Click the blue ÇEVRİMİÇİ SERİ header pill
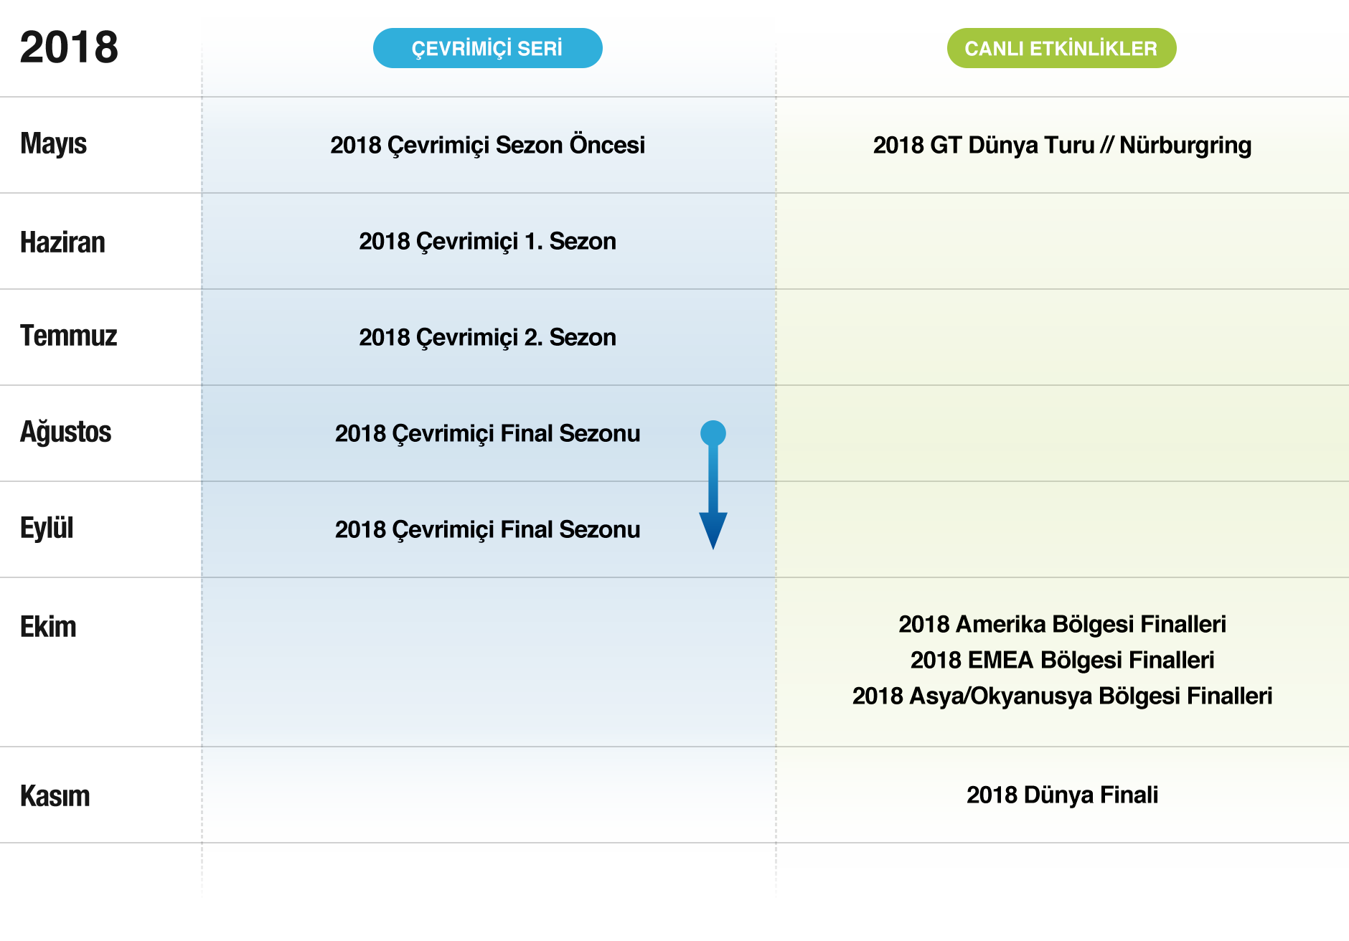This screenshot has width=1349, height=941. click(x=487, y=48)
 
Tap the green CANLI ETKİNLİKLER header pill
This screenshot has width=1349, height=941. click(x=1061, y=48)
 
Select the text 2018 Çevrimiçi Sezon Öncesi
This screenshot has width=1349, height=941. click(x=487, y=145)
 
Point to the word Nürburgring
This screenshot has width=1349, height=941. click(x=1185, y=145)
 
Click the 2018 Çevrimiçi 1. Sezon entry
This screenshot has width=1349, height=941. click(x=487, y=241)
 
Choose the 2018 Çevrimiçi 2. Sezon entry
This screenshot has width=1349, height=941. click(x=487, y=337)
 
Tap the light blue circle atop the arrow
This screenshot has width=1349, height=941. click(x=713, y=433)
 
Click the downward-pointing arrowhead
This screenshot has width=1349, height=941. click(x=713, y=531)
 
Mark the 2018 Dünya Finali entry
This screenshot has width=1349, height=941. click(x=1062, y=795)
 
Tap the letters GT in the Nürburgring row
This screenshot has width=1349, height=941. click(x=946, y=145)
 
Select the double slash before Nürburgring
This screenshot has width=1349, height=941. click(x=1106, y=145)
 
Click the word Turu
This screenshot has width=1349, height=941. click(x=1069, y=145)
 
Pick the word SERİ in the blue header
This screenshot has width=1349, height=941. click(x=540, y=48)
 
